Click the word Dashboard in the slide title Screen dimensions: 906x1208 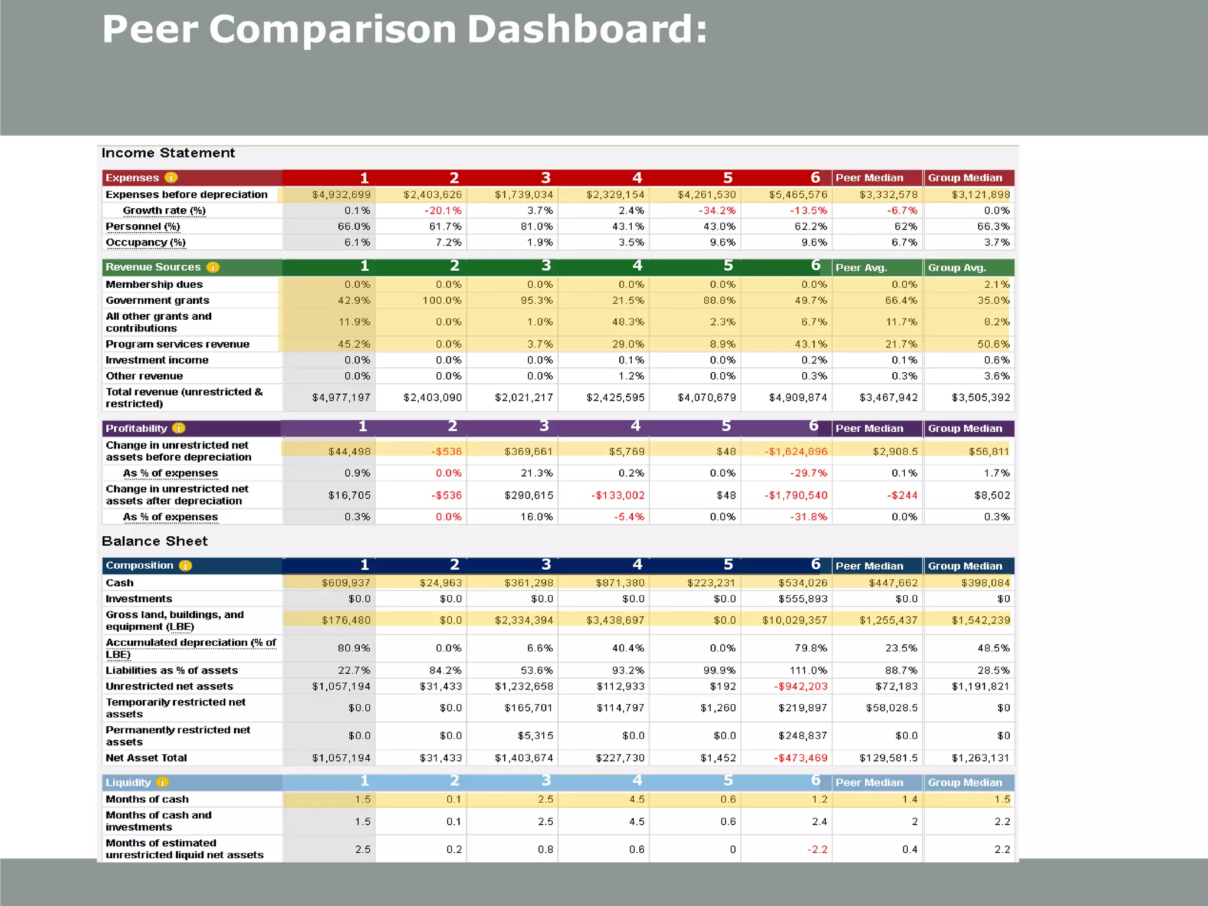pyautogui.click(x=587, y=29)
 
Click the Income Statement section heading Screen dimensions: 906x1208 pyautogui.click(x=168, y=153)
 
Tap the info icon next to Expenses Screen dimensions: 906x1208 pyautogui.click(x=171, y=178)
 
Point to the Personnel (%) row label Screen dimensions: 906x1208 pyautogui.click(x=143, y=226)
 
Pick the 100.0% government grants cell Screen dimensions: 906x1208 pyautogui.click(x=442, y=300)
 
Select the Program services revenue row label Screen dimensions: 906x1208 pyautogui.click(x=178, y=344)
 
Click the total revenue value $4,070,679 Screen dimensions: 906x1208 pyautogui.click(x=707, y=398)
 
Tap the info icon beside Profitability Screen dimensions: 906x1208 pyautogui.click(x=179, y=428)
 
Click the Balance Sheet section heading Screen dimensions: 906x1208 pyautogui.click(x=155, y=541)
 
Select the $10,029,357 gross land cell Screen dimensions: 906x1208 pyautogui.click(x=795, y=621)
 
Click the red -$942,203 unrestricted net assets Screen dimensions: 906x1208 pyautogui.click(x=800, y=687)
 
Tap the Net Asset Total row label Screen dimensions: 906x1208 pyautogui.click(x=146, y=758)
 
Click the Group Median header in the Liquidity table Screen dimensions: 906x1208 pyautogui.click(x=965, y=783)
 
